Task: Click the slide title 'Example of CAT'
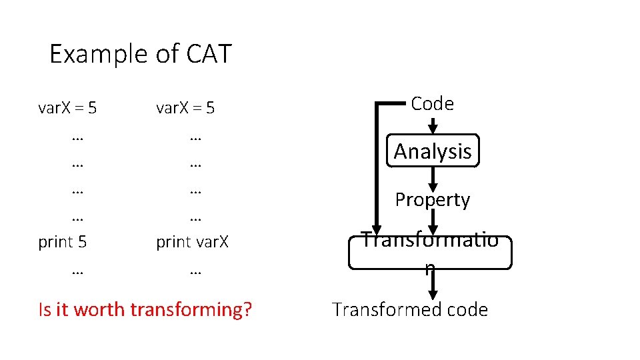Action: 140,53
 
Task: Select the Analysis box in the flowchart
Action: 432,151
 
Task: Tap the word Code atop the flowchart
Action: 432,103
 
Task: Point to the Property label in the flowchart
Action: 432,199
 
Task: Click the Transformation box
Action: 430,251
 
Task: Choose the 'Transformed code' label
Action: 410,309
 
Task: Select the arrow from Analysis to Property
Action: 433,178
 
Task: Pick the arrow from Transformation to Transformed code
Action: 433,285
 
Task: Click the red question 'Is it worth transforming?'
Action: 145,309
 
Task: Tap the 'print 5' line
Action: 63,241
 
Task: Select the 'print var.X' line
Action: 192,241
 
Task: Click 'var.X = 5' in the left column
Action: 67,107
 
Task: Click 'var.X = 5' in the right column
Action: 185,107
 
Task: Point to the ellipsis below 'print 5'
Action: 76,270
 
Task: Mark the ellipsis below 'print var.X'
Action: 195,270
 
